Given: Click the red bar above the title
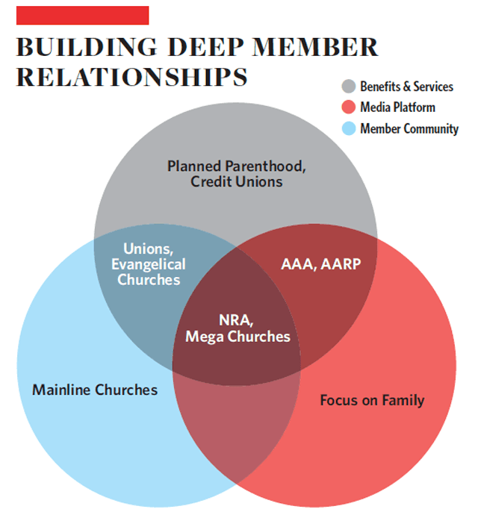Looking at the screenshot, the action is (x=83, y=15).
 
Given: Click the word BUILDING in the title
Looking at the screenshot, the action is (x=87, y=47).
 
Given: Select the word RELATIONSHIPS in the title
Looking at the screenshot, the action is (x=132, y=77).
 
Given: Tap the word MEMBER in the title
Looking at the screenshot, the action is (x=315, y=47).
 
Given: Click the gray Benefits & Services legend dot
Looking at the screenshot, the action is (x=349, y=87).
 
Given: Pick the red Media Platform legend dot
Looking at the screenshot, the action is (x=349, y=107).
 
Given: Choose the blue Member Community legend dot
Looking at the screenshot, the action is (x=349, y=128).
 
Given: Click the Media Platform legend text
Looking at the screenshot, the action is (x=397, y=107).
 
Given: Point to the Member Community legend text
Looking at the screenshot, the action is (x=409, y=129).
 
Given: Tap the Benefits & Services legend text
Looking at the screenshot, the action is (x=406, y=87).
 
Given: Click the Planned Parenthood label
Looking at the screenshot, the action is (x=237, y=166).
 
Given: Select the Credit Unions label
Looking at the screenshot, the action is (x=237, y=181).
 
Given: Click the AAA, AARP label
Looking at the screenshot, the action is (x=321, y=264).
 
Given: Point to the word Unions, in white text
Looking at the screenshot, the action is (x=149, y=249).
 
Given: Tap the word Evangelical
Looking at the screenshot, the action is (x=149, y=264).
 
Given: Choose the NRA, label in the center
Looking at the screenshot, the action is (x=236, y=320).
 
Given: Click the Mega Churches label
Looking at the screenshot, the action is (x=238, y=337).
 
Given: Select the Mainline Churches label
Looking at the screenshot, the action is (x=95, y=390).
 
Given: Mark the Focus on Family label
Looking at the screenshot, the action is (x=372, y=400).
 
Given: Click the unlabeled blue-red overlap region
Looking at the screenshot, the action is (x=237, y=426).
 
